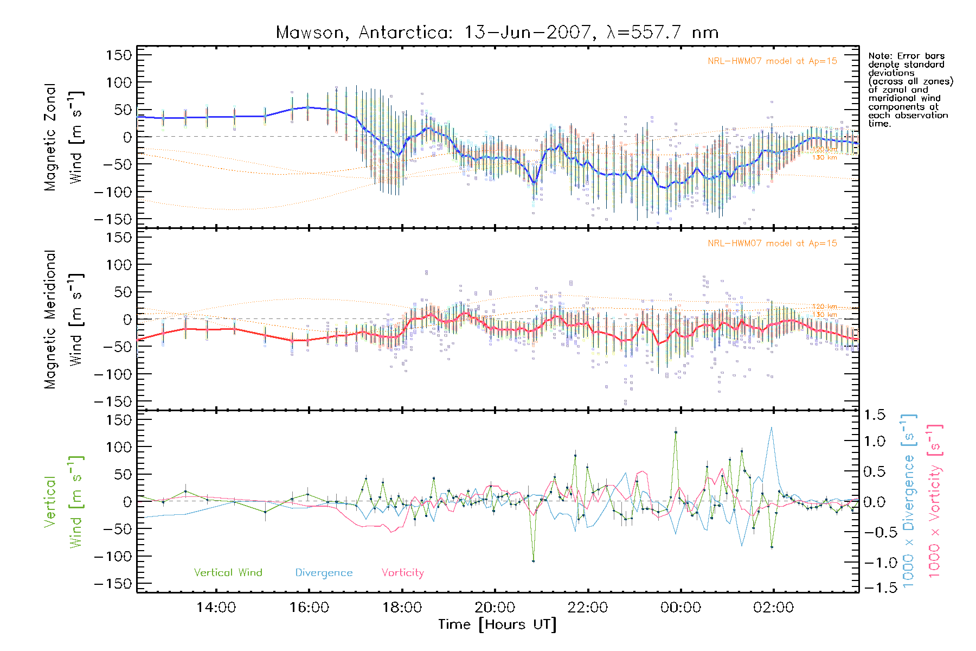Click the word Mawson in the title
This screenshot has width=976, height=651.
pos(310,33)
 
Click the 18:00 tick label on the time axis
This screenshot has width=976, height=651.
pos(402,608)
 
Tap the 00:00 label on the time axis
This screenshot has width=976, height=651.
pos(680,608)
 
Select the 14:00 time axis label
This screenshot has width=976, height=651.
pos(216,608)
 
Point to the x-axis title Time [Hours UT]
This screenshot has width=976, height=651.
pos(497,624)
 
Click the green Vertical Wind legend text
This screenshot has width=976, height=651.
pos(228,573)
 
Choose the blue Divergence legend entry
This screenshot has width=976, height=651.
pos(324,573)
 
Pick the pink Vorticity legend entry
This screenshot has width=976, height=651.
pos(402,573)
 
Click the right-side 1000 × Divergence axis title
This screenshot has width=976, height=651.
pos(908,500)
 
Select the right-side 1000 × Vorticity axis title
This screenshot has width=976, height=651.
pos(934,500)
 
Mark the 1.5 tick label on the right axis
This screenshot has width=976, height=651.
pos(874,415)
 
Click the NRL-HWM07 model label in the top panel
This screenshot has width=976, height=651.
pos(772,61)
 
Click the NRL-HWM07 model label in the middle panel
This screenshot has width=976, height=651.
pos(772,244)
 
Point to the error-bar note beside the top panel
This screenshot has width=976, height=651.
pos(910,90)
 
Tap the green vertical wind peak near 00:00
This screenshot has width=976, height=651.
pos(676,432)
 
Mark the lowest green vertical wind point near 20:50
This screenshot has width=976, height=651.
pos(533,561)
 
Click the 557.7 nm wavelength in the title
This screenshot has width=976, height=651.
pos(663,33)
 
